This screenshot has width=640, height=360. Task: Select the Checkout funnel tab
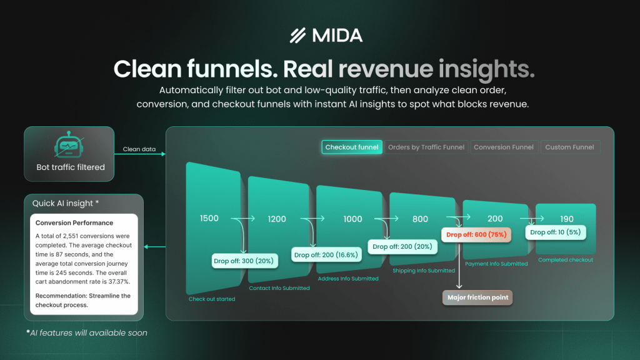click(352, 147)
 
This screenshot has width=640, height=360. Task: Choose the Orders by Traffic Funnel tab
click(426, 147)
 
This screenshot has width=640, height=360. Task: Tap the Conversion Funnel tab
click(504, 147)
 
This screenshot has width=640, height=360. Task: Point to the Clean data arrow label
click(139, 149)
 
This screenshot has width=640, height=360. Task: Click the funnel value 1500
click(209, 218)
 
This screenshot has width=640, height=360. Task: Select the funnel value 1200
click(277, 219)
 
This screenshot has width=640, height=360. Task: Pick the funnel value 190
click(567, 219)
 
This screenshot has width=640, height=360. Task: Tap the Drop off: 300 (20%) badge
click(244, 261)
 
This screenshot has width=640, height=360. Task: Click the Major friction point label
click(477, 297)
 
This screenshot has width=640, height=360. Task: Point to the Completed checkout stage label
click(566, 260)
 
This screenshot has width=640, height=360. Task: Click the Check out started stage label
click(212, 299)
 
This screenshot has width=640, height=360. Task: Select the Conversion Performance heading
click(74, 223)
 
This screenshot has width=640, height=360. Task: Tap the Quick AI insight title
click(66, 203)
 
